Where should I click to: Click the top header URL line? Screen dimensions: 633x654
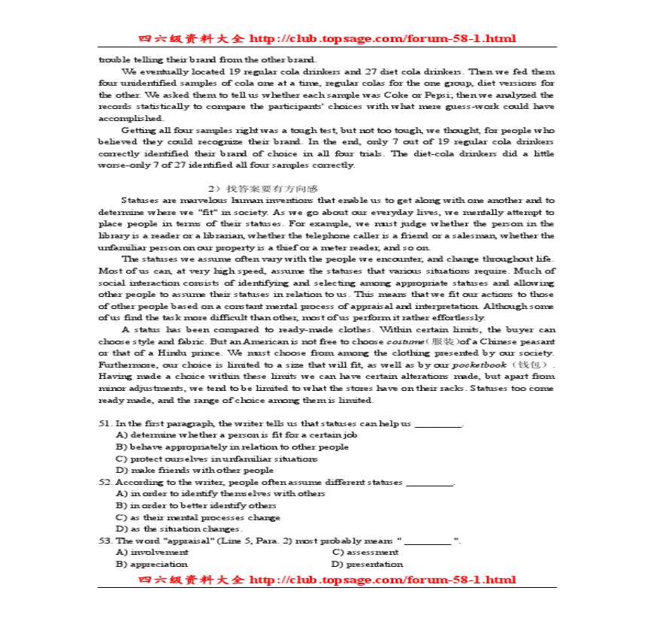[x=327, y=38]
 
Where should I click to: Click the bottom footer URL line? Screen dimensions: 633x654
[x=327, y=580]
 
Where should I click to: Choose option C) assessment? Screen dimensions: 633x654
[x=365, y=552]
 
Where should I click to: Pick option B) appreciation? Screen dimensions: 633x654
[x=151, y=564]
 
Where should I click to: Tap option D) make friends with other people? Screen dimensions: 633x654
[x=194, y=470]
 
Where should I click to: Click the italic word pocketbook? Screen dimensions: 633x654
[x=479, y=365]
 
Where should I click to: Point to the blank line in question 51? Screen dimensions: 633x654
[x=438, y=424]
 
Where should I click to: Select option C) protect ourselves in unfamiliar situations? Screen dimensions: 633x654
[x=216, y=459]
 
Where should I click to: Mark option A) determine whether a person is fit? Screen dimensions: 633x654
[x=235, y=435]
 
